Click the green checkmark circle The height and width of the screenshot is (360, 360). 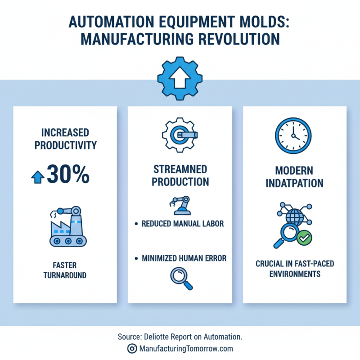click(x=305, y=236)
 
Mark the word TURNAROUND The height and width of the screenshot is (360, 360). click(x=65, y=274)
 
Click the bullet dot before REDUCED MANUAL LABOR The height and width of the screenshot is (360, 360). click(x=136, y=224)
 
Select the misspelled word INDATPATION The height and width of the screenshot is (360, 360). click(x=294, y=184)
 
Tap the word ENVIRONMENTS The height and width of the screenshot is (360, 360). click(x=295, y=274)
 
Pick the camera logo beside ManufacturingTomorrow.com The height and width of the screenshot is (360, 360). click(x=132, y=348)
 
